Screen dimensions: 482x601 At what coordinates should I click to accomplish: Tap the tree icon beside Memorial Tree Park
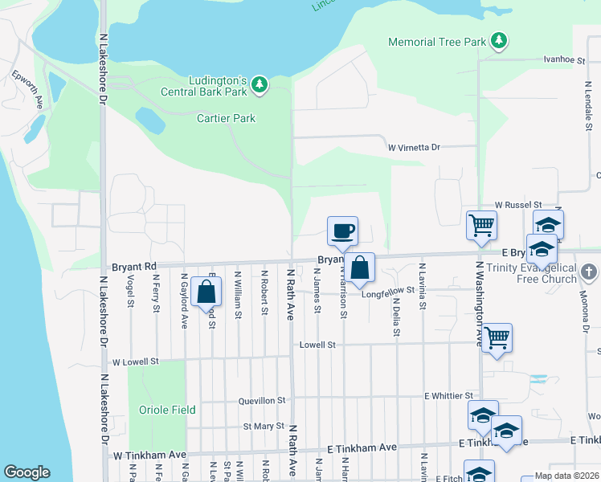(499, 40)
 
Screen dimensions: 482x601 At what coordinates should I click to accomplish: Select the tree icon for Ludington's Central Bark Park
(259, 84)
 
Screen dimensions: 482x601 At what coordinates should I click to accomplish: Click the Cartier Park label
(226, 118)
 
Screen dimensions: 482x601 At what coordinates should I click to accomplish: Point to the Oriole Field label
(167, 410)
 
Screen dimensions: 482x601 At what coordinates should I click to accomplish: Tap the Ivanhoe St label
(563, 59)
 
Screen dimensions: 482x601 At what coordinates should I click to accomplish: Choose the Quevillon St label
(262, 400)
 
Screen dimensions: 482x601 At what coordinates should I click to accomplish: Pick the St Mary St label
(264, 426)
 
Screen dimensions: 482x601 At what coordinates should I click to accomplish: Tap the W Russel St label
(518, 205)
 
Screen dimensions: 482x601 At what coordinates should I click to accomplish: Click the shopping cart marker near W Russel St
(481, 225)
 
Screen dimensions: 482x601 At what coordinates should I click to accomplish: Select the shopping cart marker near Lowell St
(497, 337)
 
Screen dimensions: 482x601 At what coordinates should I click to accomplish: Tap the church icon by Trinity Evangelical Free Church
(590, 272)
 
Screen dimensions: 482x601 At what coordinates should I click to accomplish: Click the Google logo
(27, 472)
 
